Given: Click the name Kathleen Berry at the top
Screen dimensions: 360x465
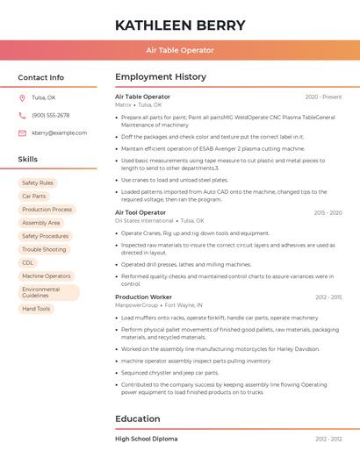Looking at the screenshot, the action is [x=179, y=25].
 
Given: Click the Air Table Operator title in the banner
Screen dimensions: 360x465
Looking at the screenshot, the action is [x=179, y=50].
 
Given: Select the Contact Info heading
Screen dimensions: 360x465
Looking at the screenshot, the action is [x=41, y=77].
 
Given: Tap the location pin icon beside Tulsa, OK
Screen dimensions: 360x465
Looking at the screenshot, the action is [x=22, y=98].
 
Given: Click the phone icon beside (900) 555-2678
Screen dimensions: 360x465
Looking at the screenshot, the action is [x=22, y=115].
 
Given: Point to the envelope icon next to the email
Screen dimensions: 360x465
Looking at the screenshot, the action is [x=22, y=132].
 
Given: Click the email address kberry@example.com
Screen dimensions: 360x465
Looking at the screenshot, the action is [x=59, y=132].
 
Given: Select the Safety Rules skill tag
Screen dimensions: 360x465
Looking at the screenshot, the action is [x=38, y=183].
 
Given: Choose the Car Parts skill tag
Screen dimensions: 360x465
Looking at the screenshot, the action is [x=34, y=197].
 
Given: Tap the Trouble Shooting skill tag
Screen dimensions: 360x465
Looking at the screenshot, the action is [x=44, y=249].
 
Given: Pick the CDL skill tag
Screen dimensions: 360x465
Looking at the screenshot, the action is [x=28, y=262].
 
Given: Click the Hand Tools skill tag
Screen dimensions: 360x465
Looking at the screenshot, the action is [x=36, y=309].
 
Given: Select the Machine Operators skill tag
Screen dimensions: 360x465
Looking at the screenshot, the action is [x=47, y=275].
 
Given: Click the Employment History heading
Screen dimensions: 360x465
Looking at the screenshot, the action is [x=161, y=77].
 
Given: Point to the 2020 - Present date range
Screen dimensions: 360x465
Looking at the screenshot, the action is [x=323, y=97].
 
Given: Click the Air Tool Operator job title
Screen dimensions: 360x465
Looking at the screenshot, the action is [x=140, y=212].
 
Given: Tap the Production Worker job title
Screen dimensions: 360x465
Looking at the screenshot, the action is [x=143, y=297].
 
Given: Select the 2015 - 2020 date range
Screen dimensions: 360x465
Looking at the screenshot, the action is [x=328, y=212].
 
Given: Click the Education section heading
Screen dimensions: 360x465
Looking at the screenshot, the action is [x=137, y=418].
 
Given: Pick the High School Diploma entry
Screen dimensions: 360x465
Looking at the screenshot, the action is [x=146, y=439].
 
